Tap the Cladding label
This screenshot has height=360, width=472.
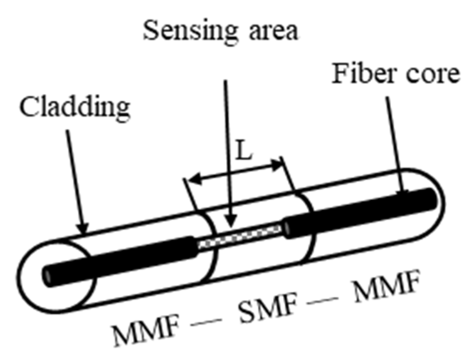(x=75, y=107)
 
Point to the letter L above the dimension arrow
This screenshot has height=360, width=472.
(x=243, y=155)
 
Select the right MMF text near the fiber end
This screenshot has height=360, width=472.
(x=384, y=289)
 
